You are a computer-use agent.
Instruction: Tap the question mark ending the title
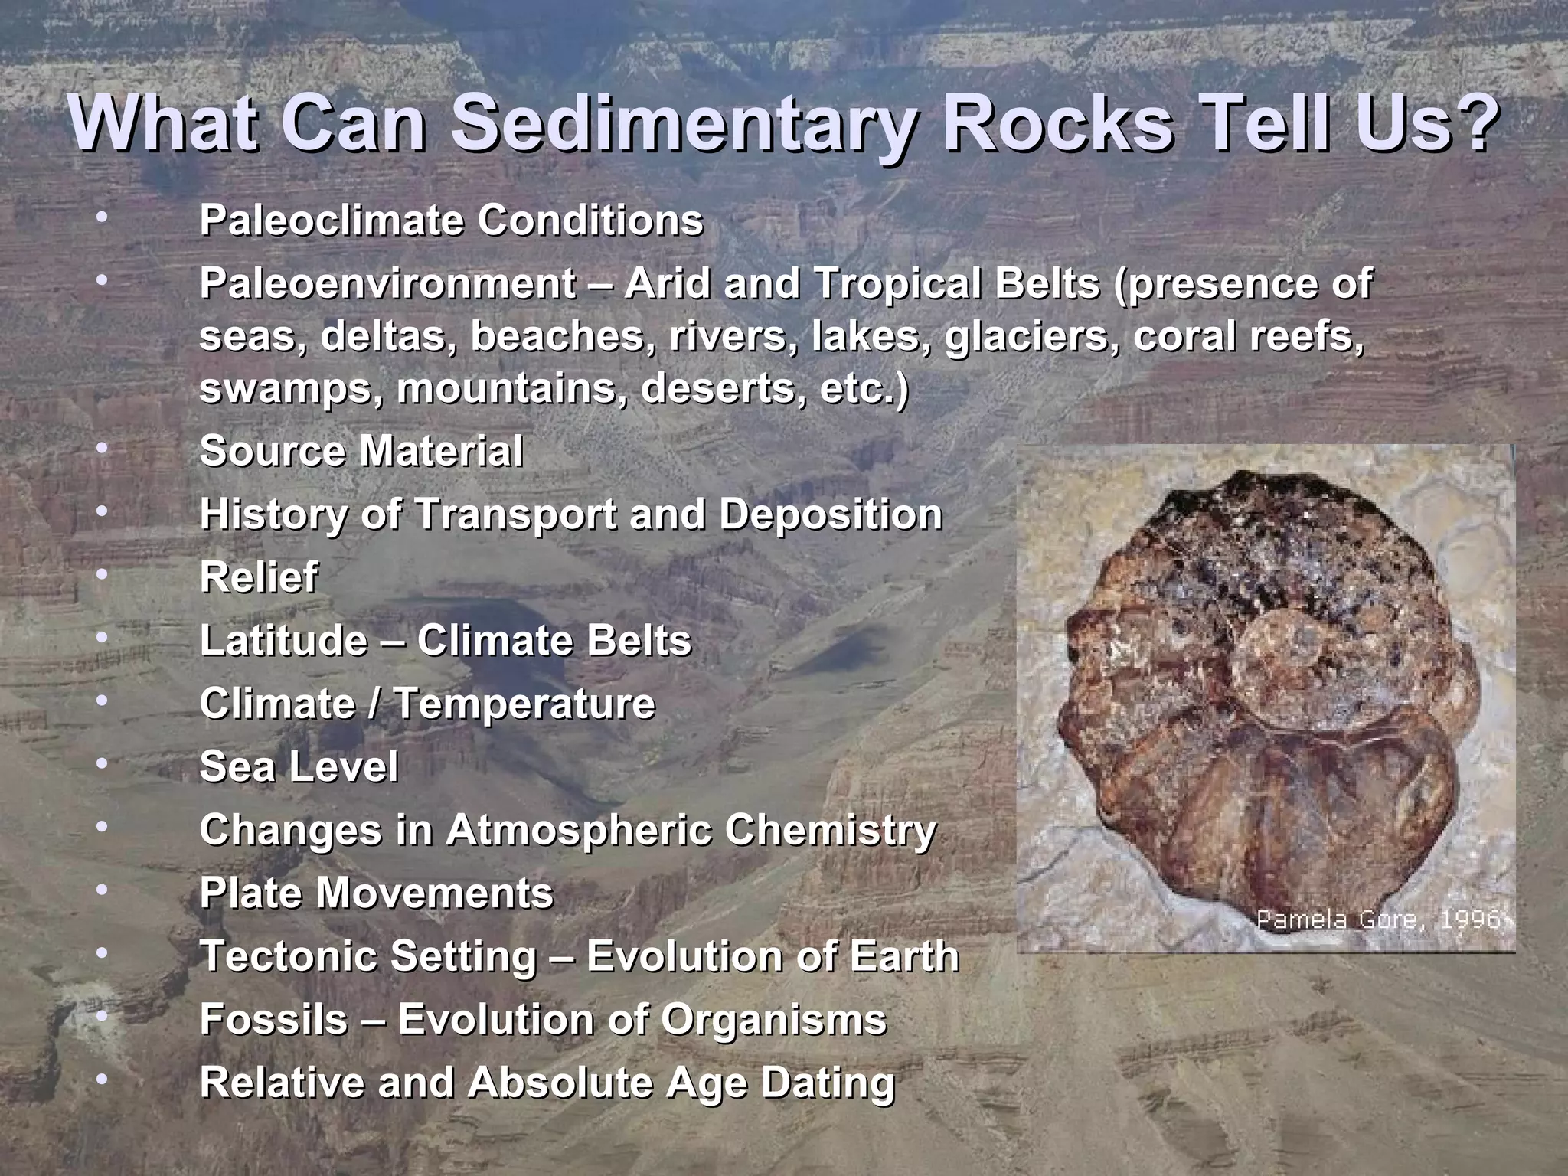[1475, 122]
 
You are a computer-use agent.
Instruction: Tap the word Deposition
[831, 514]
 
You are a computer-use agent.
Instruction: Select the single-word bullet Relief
[258, 577]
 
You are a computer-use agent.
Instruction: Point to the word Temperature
[524, 704]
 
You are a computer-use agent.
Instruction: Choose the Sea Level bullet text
[299, 766]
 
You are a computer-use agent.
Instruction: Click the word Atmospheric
[579, 830]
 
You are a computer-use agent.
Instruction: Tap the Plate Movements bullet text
[376, 893]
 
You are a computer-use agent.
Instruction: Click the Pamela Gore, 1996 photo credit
[1378, 919]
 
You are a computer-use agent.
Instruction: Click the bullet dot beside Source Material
[102, 446]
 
